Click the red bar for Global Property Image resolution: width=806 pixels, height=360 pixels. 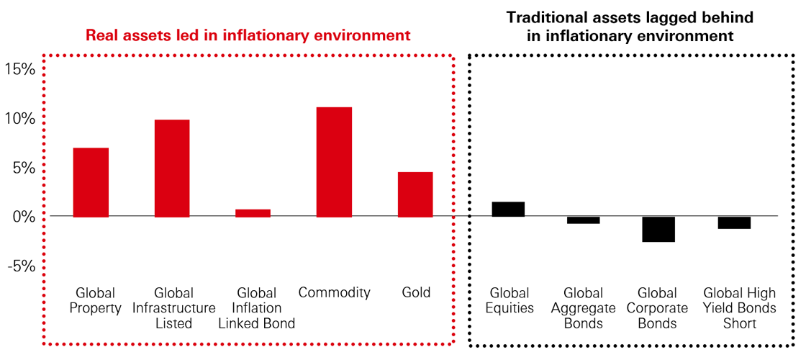pos(91,182)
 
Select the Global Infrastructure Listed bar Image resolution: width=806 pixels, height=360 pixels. pos(172,168)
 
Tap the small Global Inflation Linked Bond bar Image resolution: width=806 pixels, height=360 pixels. pos(253,213)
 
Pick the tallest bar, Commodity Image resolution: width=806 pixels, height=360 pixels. pos(335,162)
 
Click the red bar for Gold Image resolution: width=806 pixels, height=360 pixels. pos(415,194)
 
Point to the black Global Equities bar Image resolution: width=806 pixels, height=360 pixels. pos(508,209)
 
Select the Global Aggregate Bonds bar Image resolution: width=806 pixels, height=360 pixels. pos(583,220)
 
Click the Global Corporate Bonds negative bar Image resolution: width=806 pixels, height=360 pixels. pos(658,229)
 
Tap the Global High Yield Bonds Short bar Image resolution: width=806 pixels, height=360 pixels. pos(734,222)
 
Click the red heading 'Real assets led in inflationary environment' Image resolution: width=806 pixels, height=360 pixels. pos(248,35)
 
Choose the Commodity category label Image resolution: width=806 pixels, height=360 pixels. pos(335,292)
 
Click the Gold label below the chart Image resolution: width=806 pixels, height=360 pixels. pos(416,292)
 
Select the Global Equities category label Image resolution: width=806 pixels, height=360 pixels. pos(510,300)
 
